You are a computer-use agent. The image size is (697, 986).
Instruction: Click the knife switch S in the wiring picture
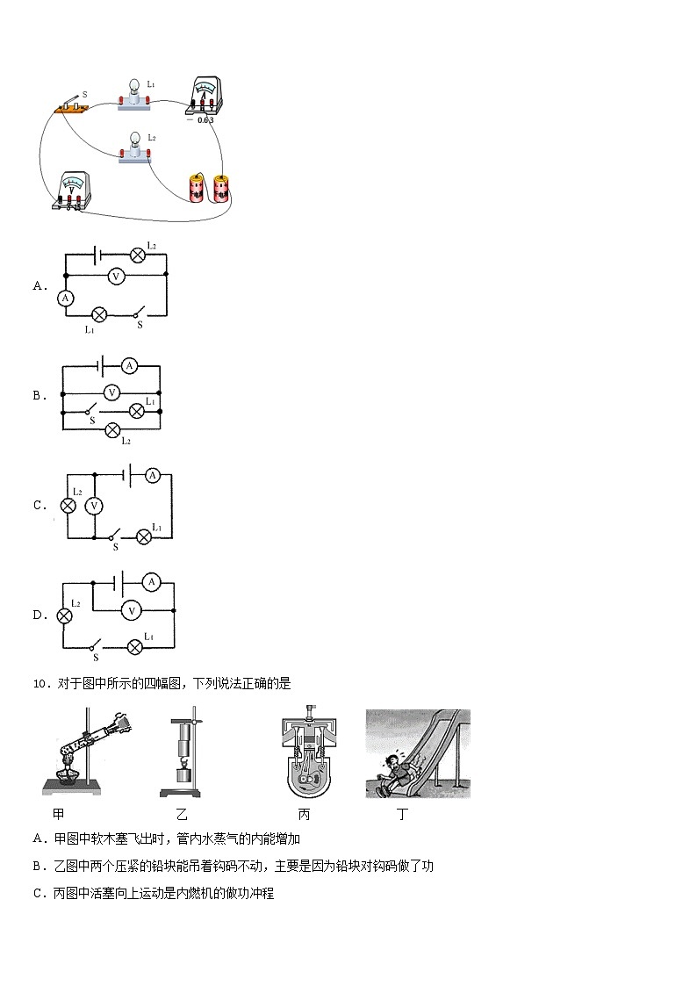(x=69, y=105)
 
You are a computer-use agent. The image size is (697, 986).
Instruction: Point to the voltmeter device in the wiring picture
(x=71, y=191)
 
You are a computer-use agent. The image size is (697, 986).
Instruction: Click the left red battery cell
(x=198, y=188)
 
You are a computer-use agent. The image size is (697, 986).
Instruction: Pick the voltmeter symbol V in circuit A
(x=115, y=276)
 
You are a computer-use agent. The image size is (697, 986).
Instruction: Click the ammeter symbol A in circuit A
(x=66, y=298)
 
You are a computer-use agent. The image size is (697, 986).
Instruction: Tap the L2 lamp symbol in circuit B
(x=113, y=430)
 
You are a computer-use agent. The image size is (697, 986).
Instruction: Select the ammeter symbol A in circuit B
(x=129, y=365)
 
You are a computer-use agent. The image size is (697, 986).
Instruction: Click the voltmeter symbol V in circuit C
(x=94, y=506)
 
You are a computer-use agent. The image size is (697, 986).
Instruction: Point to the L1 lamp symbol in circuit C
(x=144, y=537)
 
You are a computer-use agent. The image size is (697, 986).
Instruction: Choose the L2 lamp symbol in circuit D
(x=63, y=615)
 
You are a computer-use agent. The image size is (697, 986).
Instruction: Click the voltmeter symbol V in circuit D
(x=132, y=610)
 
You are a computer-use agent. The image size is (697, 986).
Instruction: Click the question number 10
(x=40, y=684)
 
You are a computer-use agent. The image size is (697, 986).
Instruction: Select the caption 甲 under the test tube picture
(x=59, y=814)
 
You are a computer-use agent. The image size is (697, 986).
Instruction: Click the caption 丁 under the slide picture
(x=402, y=814)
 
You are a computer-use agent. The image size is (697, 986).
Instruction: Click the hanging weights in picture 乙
(x=183, y=752)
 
